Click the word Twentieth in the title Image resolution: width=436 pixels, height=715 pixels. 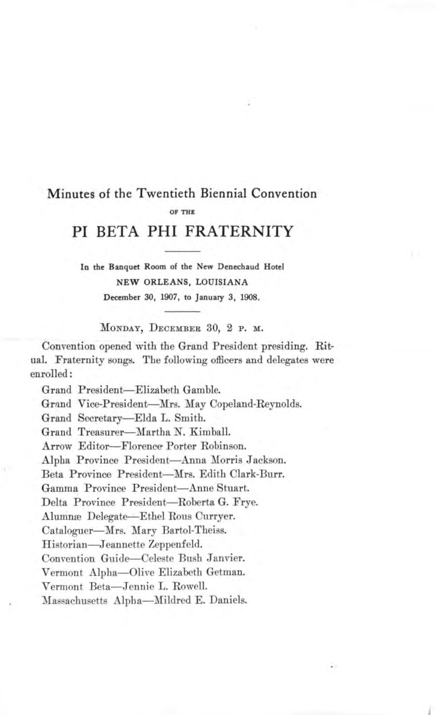(x=166, y=193)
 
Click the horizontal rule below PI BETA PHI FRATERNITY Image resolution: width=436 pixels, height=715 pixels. (x=182, y=251)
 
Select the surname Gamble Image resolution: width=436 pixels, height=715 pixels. (x=201, y=389)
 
